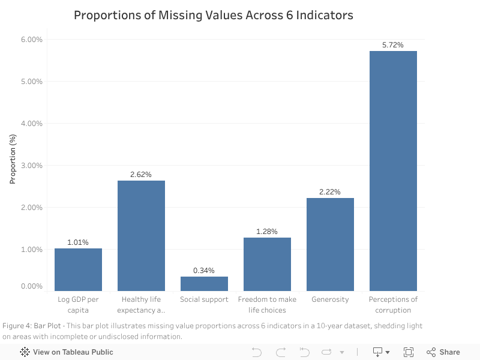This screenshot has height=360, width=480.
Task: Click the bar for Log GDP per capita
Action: (78, 269)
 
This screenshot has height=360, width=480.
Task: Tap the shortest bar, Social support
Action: (204, 284)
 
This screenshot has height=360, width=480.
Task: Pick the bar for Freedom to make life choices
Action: (267, 264)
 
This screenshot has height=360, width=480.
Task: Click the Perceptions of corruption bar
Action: (393, 171)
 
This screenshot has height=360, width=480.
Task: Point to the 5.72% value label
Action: (393, 45)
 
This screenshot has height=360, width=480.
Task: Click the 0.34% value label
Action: (204, 271)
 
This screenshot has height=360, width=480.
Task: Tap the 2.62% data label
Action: (141, 175)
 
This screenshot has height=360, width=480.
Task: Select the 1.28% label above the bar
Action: (267, 232)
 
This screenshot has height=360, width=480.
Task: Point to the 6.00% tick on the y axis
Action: (32, 40)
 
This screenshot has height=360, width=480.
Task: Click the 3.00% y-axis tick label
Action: (32, 166)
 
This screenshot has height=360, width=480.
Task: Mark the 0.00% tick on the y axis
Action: (32, 286)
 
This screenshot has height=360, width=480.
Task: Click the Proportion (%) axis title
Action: (13, 158)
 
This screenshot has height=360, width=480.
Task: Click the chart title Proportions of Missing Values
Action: (213, 15)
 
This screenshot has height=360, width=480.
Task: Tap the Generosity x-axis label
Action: (330, 299)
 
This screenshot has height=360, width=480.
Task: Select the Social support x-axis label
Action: (204, 299)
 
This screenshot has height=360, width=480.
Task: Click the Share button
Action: (443, 352)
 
